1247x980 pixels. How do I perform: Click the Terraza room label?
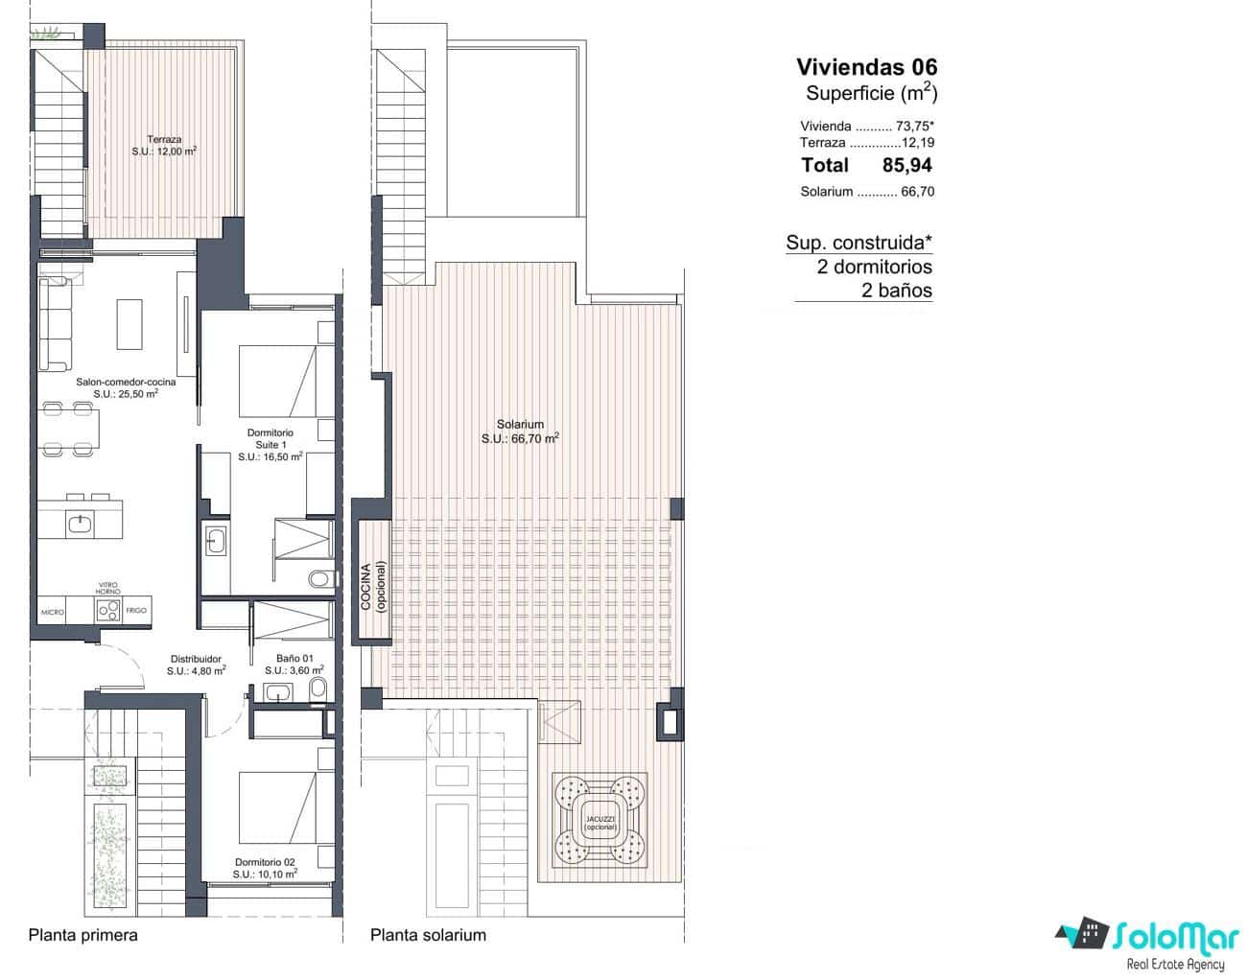(164, 145)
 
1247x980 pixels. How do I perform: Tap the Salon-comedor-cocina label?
(126, 387)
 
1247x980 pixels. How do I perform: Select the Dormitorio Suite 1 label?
(271, 445)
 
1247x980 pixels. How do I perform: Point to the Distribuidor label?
(196, 665)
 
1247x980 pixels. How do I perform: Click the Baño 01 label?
(294, 665)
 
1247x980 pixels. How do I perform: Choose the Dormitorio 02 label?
(265, 868)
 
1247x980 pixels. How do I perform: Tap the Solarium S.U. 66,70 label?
(520, 431)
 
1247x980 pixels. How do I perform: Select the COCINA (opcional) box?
(371, 580)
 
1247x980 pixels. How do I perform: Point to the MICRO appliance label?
(52, 612)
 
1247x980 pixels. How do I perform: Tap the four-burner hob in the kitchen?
(107, 610)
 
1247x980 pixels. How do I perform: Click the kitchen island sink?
(79, 524)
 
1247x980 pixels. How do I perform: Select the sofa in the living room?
(55, 323)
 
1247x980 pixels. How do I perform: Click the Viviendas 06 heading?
(866, 67)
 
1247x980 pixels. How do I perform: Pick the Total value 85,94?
(906, 165)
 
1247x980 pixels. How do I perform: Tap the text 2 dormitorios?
(874, 267)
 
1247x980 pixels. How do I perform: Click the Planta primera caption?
(83, 935)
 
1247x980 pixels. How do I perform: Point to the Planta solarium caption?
(428, 935)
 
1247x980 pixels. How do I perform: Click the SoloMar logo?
(1147, 937)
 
